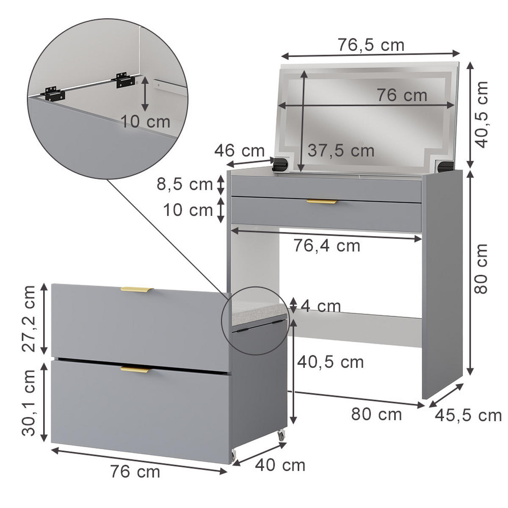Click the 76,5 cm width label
(371, 45)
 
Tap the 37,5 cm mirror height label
(341, 150)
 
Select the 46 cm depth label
(239, 151)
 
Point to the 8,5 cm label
(185, 184)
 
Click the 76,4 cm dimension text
(327, 246)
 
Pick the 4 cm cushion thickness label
(321, 306)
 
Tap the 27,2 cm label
(29, 318)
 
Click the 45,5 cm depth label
(468, 415)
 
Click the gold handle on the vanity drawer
(322, 202)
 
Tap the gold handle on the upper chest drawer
(135, 290)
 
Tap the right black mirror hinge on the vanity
(445, 166)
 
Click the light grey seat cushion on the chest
(258, 310)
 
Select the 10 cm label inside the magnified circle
(145, 122)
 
